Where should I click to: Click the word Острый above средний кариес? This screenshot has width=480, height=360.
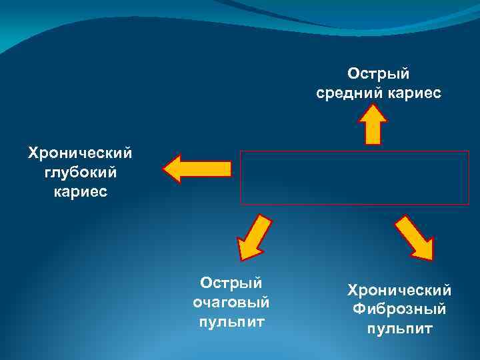378,72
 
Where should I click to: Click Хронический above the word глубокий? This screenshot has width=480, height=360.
80,153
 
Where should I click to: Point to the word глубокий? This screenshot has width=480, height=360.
79,173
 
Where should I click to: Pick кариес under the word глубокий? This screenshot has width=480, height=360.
79,192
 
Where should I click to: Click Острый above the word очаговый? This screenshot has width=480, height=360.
231,283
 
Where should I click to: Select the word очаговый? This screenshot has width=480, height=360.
231,303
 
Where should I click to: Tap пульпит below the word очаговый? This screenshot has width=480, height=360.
231,323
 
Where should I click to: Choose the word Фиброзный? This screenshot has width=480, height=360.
399,309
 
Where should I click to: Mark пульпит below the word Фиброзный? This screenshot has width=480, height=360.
399,329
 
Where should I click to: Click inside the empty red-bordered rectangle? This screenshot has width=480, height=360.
354,177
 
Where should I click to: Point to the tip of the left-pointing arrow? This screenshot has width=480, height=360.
165,169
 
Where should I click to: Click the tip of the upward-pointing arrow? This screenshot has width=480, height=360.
373,107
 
